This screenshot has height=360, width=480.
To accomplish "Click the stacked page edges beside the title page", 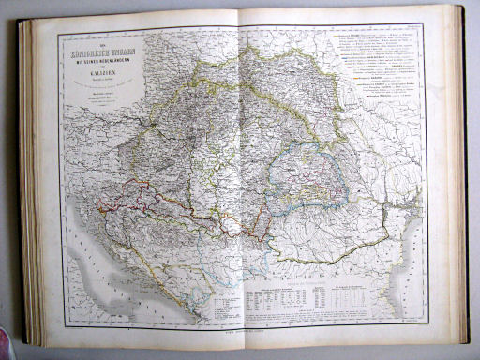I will point(28,187).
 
